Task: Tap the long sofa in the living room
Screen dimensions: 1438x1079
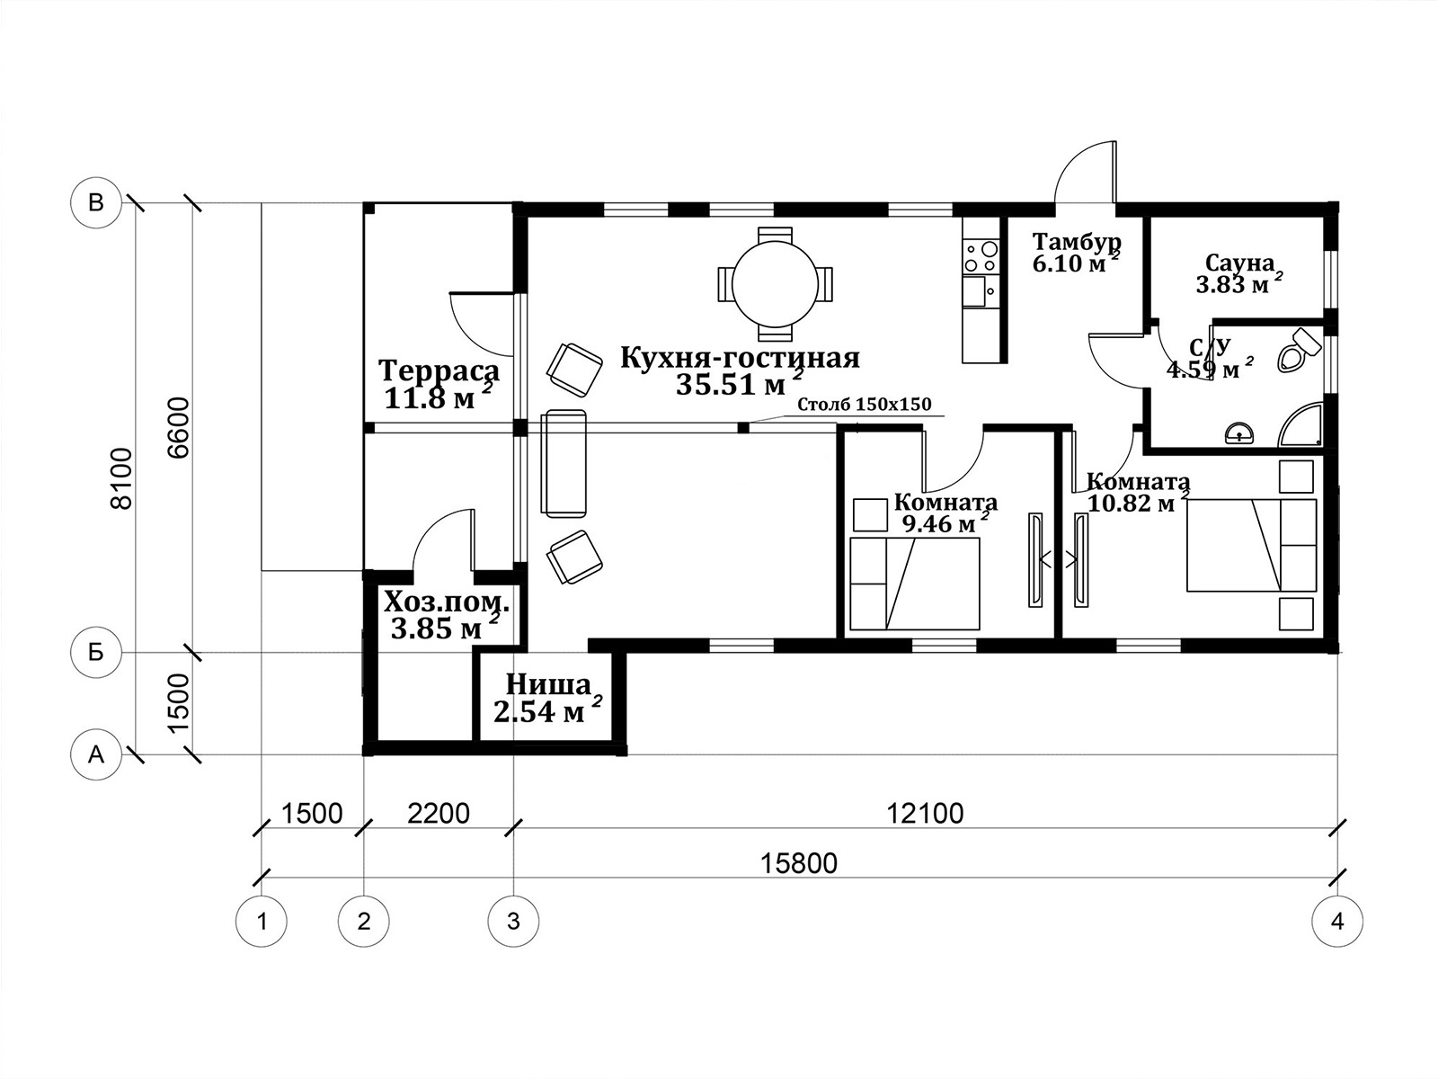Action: (x=564, y=463)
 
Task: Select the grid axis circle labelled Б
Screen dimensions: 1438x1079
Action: (x=96, y=653)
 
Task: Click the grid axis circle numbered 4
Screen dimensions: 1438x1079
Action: (x=1337, y=921)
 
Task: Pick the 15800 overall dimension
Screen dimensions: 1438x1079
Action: (x=799, y=863)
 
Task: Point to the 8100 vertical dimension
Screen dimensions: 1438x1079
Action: (x=122, y=478)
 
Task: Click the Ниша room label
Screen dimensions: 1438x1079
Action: (x=548, y=685)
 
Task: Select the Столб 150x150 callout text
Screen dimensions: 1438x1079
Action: (x=864, y=405)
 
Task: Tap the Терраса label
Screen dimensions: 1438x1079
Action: (x=439, y=370)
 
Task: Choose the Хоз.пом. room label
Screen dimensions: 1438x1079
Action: (x=446, y=601)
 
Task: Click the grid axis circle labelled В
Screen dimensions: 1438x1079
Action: (x=96, y=203)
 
